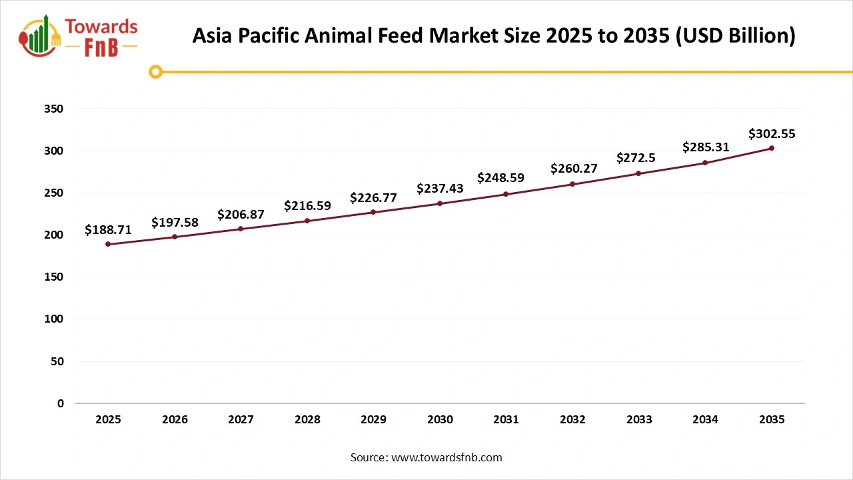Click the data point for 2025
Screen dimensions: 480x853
click(x=108, y=244)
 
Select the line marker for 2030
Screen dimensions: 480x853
click(x=440, y=203)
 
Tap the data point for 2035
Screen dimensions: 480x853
click(x=772, y=148)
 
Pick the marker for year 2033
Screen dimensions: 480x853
click(x=638, y=173)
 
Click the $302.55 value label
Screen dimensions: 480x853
click(x=772, y=133)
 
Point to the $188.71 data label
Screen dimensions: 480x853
click(x=108, y=230)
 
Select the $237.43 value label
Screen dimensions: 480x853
click(x=440, y=189)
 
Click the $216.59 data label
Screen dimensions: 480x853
click(x=307, y=206)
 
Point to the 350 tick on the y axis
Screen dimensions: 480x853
click(x=55, y=109)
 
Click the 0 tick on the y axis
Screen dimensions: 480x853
click(x=61, y=403)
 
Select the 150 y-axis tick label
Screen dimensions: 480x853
click(x=55, y=277)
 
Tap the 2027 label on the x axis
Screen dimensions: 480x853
click(x=241, y=420)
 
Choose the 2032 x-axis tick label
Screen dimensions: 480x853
click(x=572, y=420)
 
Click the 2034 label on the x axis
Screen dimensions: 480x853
click(x=705, y=420)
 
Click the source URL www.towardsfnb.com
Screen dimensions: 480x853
click(x=446, y=457)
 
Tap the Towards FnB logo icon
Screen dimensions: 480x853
click(x=40, y=37)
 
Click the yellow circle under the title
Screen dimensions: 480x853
click(x=155, y=71)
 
